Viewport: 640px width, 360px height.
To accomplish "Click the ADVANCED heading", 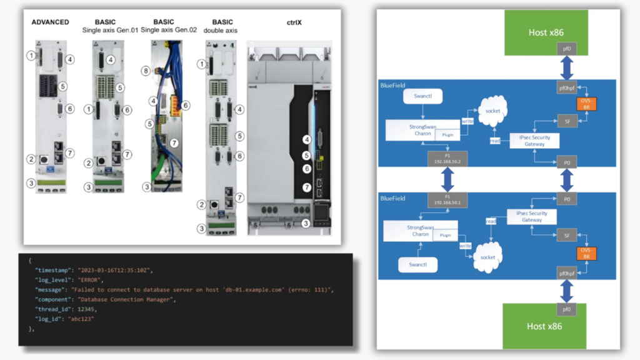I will (50, 22).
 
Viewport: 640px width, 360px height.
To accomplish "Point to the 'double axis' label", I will (222, 30).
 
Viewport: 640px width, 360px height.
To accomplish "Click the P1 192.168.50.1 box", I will (446, 200).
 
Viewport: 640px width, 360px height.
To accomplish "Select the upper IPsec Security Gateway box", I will (531, 141).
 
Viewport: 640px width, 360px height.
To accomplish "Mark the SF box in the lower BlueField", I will (566, 236).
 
